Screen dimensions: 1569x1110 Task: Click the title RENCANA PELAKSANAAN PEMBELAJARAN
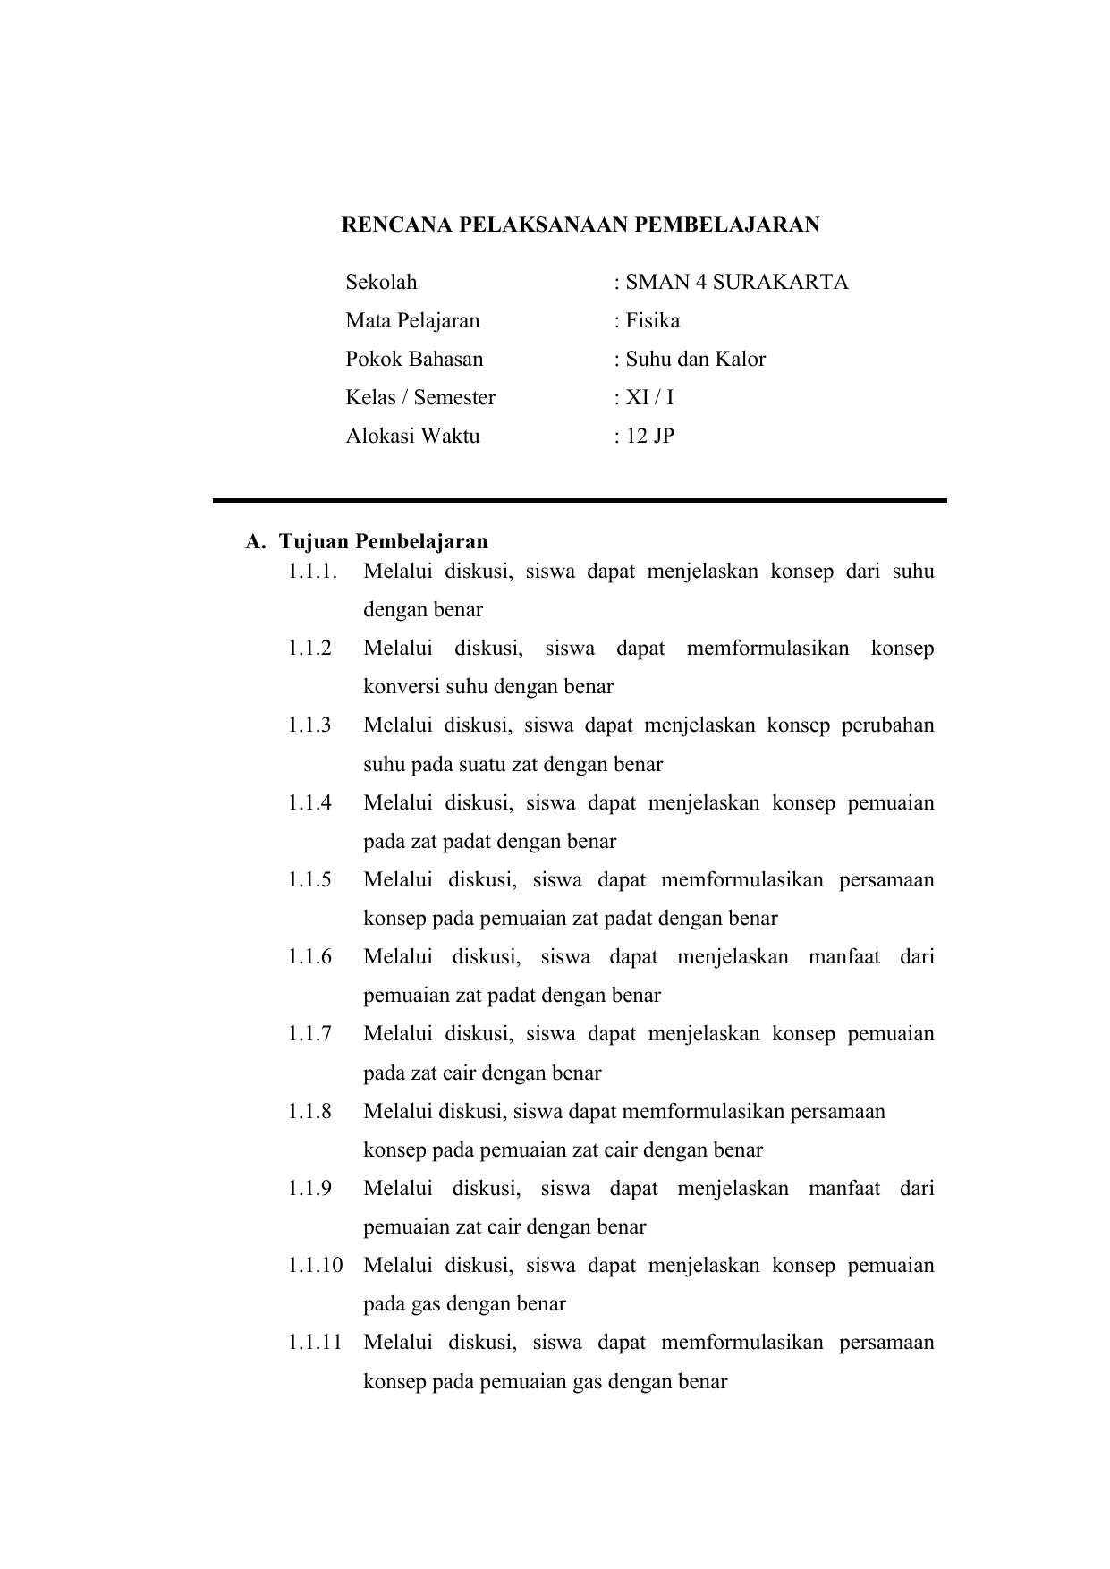pyautogui.click(x=580, y=225)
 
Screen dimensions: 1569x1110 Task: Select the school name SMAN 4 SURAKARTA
pyautogui.click(x=736, y=283)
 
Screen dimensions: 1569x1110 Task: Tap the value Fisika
pyautogui.click(x=652, y=321)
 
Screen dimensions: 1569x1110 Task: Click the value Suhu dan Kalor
pyautogui.click(x=695, y=360)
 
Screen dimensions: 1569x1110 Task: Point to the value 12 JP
pyautogui.click(x=649, y=437)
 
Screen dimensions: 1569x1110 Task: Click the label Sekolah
pyautogui.click(x=381, y=283)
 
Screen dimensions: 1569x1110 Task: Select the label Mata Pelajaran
pyautogui.click(x=412, y=321)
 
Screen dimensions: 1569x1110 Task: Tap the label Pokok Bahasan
pyautogui.click(x=414, y=360)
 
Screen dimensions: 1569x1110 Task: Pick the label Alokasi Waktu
pyautogui.click(x=412, y=437)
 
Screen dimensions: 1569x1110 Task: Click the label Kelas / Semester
pyautogui.click(x=420, y=398)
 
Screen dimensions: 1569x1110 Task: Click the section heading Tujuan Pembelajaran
pyautogui.click(x=383, y=542)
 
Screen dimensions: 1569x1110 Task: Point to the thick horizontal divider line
pyautogui.click(x=580, y=501)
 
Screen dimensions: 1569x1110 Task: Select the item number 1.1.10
pyautogui.click(x=315, y=1266)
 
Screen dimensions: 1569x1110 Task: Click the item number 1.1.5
pyautogui.click(x=309, y=880)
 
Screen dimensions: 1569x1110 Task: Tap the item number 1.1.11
pyautogui.click(x=315, y=1343)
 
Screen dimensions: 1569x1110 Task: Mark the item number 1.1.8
pyautogui.click(x=309, y=1112)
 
